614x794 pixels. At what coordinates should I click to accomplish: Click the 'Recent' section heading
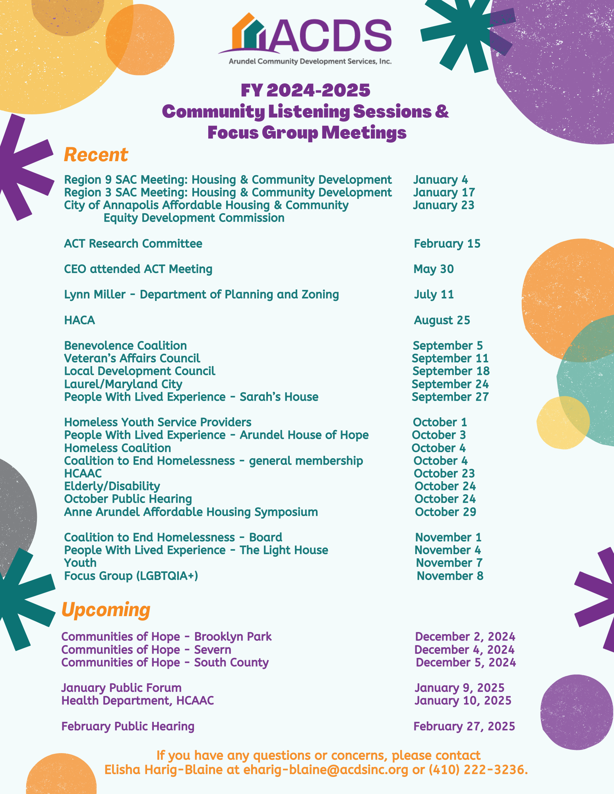coord(96,155)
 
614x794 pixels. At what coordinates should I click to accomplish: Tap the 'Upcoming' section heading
coord(106,609)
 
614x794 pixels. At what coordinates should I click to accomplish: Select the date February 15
coord(447,243)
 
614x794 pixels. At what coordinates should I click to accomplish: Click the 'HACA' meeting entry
coord(79,320)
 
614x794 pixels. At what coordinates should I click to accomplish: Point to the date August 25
coord(442,320)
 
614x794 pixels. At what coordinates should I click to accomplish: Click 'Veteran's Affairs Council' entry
coord(132,358)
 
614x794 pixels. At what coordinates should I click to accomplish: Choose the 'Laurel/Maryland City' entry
coord(123,384)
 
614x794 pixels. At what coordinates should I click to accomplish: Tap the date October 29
coord(445,512)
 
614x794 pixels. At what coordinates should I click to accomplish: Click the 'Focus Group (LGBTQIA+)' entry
coord(131,576)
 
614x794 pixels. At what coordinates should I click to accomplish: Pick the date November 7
coord(449,563)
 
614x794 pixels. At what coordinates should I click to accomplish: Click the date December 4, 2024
coord(464,650)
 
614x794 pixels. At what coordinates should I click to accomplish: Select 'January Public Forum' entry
coord(121,688)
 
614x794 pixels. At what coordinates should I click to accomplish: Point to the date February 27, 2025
coord(464,727)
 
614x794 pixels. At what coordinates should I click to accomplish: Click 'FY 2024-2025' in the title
coord(306,91)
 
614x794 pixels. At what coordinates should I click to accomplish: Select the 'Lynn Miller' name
coord(95,295)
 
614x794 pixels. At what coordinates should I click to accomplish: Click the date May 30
coord(434,269)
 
